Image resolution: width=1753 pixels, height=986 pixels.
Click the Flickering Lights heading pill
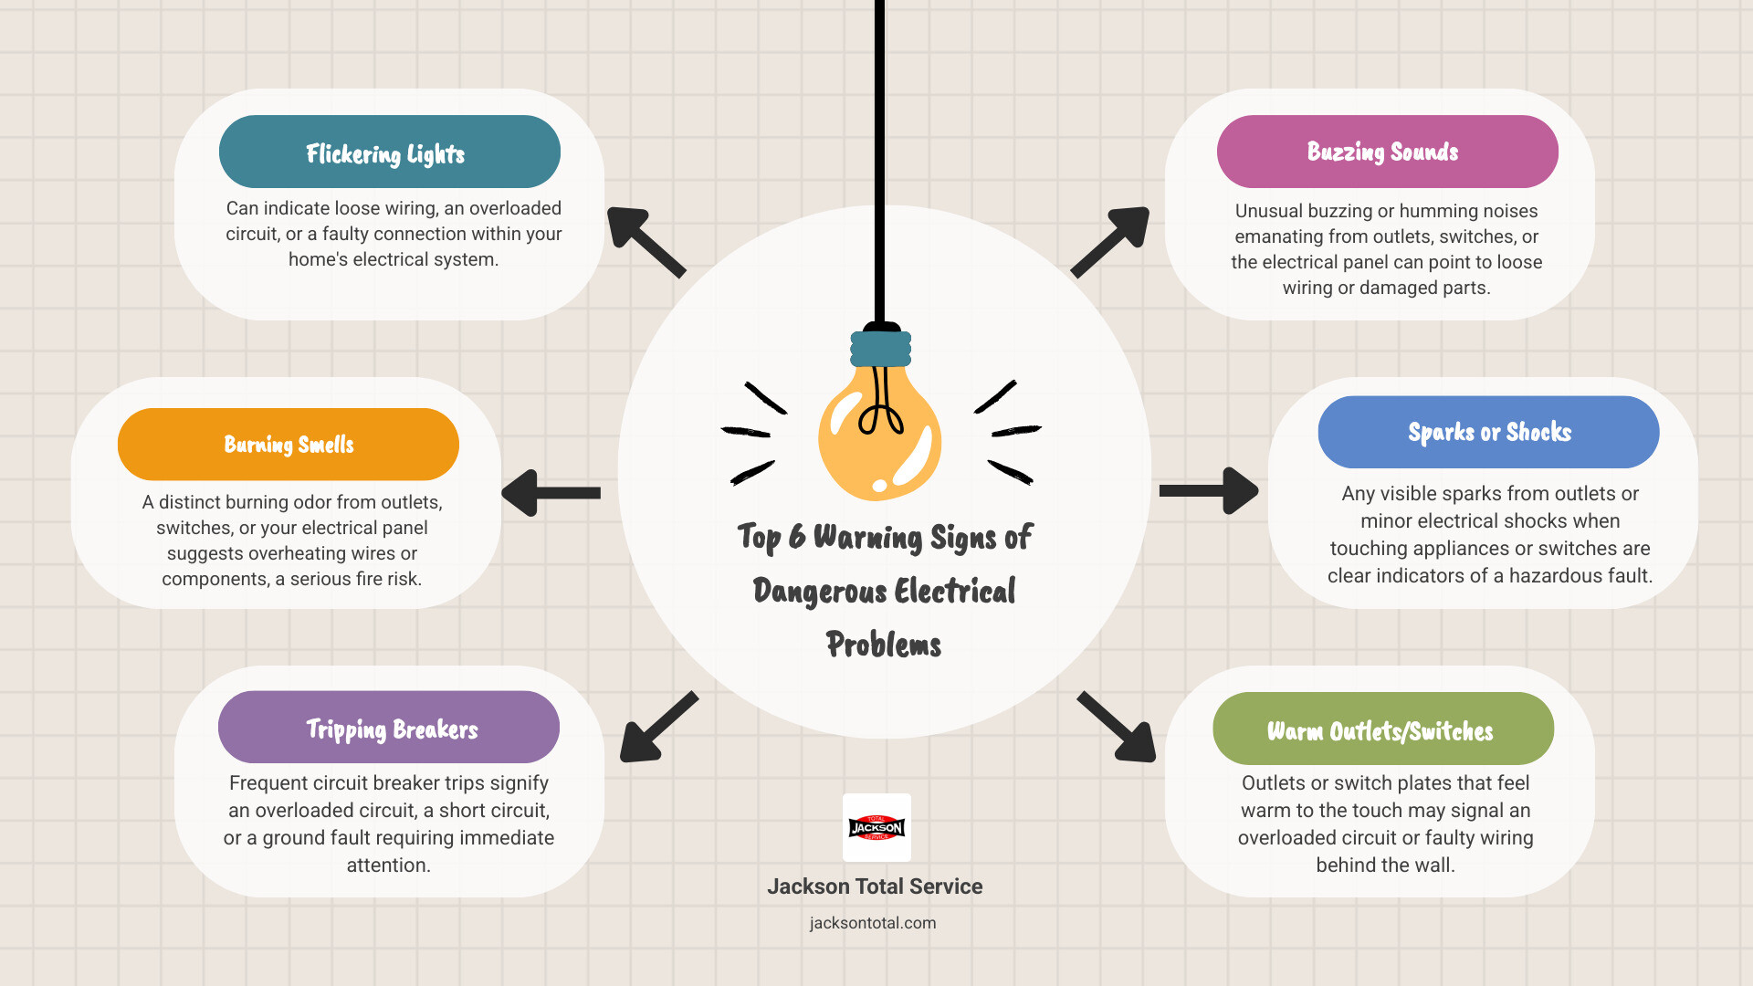coord(390,152)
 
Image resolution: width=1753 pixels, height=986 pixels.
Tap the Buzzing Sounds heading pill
coord(1387,152)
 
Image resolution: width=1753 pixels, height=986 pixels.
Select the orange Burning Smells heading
coord(289,445)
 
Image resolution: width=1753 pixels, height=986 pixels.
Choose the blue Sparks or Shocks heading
coord(1488,432)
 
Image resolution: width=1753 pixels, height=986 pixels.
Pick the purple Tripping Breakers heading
coord(389,727)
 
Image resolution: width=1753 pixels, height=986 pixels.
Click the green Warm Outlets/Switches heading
coord(1383,729)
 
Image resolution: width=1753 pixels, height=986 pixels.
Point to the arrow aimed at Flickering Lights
coord(646,242)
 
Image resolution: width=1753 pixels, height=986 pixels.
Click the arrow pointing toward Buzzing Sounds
coord(1109,242)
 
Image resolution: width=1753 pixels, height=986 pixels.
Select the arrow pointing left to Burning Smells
coord(551,493)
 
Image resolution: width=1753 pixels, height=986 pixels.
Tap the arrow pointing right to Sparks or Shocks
coord(1209,491)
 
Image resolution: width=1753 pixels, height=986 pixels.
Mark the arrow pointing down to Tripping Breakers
coord(659,727)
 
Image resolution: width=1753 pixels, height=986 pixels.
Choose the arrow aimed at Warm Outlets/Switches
coord(1116,727)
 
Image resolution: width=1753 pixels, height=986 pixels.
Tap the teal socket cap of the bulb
coord(881,349)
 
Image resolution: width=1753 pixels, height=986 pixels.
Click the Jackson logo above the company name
coord(876,827)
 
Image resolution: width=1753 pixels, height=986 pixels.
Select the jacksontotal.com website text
coord(873,923)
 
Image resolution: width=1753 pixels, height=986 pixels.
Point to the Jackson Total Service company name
coord(875,886)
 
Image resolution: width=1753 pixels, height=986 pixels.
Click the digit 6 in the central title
coord(797,537)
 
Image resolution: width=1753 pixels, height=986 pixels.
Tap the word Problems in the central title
coord(884,645)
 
